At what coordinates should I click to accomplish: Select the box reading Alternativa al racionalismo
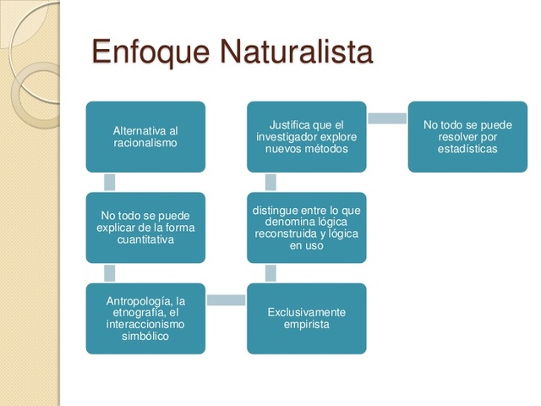[145, 137]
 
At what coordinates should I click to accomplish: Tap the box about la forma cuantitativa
[145, 228]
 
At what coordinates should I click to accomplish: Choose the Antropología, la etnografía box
[145, 318]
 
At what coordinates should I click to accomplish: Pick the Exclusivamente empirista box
[306, 318]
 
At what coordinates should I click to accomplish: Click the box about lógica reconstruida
[306, 228]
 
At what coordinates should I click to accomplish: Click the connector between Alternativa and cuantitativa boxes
[109, 182]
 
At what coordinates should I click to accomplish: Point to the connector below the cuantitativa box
[109, 272]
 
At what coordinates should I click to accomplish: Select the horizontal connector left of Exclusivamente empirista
[226, 299]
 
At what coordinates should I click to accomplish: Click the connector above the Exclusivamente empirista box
[270, 272]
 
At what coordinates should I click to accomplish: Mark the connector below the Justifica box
[270, 182]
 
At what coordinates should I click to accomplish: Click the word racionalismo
[145, 144]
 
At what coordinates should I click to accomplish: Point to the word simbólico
[145, 337]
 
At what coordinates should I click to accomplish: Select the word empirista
[306, 324]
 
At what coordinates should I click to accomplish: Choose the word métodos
[324, 149]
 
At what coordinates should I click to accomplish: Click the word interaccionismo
[145, 325]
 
